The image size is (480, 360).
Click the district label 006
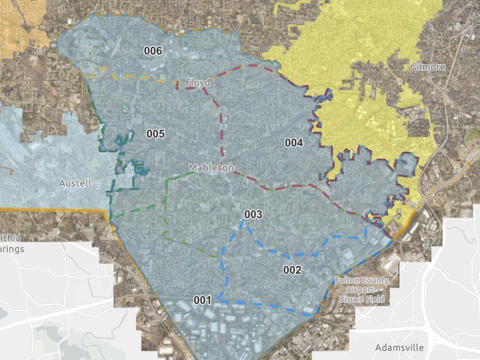click(x=153, y=51)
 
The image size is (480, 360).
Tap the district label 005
click(x=155, y=134)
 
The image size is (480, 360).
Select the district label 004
click(x=294, y=142)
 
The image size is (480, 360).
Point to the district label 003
click(x=253, y=215)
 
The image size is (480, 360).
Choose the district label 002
click(x=292, y=269)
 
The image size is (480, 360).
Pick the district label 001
click(x=202, y=300)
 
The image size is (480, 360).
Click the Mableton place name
click(x=211, y=168)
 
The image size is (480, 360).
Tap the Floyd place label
click(x=198, y=83)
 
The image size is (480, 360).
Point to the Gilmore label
click(x=427, y=67)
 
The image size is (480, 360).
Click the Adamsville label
click(x=399, y=347)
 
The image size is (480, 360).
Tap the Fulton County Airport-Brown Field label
click(x=362, y=290)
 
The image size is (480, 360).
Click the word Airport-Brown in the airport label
click(x=362, y=290)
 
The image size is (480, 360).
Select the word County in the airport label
click(x=376, y=281)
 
